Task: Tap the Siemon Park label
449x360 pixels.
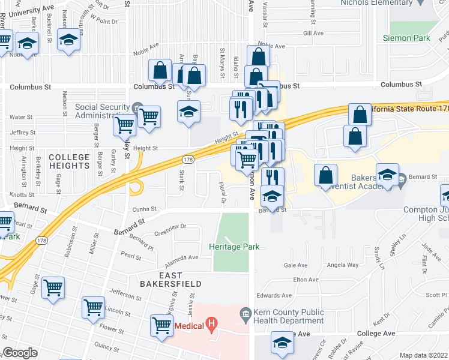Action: pyautogui.click(x=406, y=38)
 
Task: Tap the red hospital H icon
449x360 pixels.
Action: pyautogui.click(x=210, y=326)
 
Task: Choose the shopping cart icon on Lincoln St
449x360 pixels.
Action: pyautogui.click(x=94, y=307)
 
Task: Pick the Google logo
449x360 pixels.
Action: pyautogui.click(x=20, y=353)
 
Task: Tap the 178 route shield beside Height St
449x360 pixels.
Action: pyautogui.click(x=187, y=159)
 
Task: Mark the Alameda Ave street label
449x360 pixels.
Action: pyautogui.click(x=182, y=257)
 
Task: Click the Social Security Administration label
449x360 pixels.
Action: pyautogui.click(x=102, y=112)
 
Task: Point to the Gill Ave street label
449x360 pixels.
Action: pyautogui.click(x=313, y=33)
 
